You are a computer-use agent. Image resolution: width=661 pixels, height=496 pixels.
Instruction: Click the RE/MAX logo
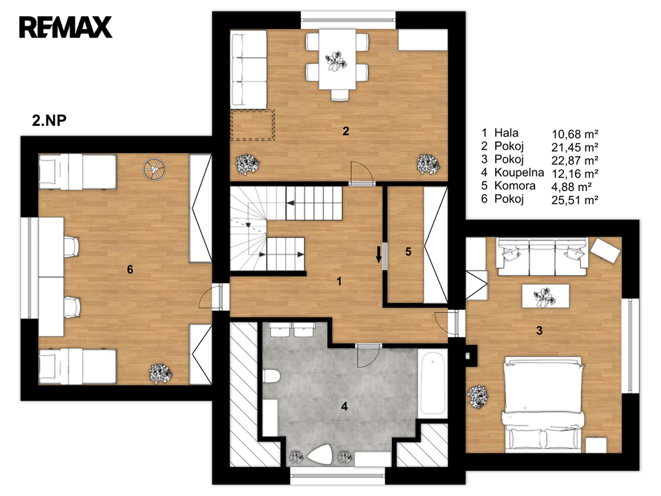pyautogui.click(x=65, y=27)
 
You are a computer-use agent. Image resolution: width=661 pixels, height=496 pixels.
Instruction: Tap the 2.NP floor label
pyautogui.click(x=49, y=121)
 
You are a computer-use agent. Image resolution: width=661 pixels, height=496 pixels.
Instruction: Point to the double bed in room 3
pyautogui.click(x=545, y=404)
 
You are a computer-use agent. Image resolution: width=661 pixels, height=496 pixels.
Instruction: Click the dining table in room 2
pyautogui.click(x=337, y=59)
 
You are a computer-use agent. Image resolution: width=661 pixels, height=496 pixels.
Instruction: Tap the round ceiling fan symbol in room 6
pyautogui.click(x=154, y=169)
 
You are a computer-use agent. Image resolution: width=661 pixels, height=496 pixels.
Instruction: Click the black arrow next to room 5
pyautogui.click(x=378, y=254)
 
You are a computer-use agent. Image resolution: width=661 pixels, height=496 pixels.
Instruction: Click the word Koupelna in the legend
pyautogui.click(x=519, y=172)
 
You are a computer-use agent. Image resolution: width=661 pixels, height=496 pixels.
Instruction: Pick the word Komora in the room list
pyautogui.click(x=514, y=185)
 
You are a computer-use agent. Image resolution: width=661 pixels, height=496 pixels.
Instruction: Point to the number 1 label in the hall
pyautogui.click(x=339, y=282)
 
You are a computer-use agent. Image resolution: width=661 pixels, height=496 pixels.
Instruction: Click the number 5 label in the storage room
pyautogui.click(x=408, y=252)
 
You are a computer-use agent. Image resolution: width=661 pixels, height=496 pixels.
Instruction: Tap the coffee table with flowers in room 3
pyautogui.click(x=545, y=296)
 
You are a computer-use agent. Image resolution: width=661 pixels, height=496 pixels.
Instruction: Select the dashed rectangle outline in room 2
pyautogui.click(x=252, y=125)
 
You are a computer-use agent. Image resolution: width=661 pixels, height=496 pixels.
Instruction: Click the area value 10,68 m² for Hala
pyautogui.click(x=575, y=134)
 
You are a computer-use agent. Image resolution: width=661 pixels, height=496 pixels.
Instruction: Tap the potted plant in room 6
pyautogui.click(x=161, y=374)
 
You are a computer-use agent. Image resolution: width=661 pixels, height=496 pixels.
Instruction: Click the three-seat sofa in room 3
pyautogui.click(x=542, y=257)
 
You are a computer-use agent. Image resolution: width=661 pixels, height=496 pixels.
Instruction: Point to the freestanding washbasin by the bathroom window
pyautogui.click(x=320, y=455)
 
